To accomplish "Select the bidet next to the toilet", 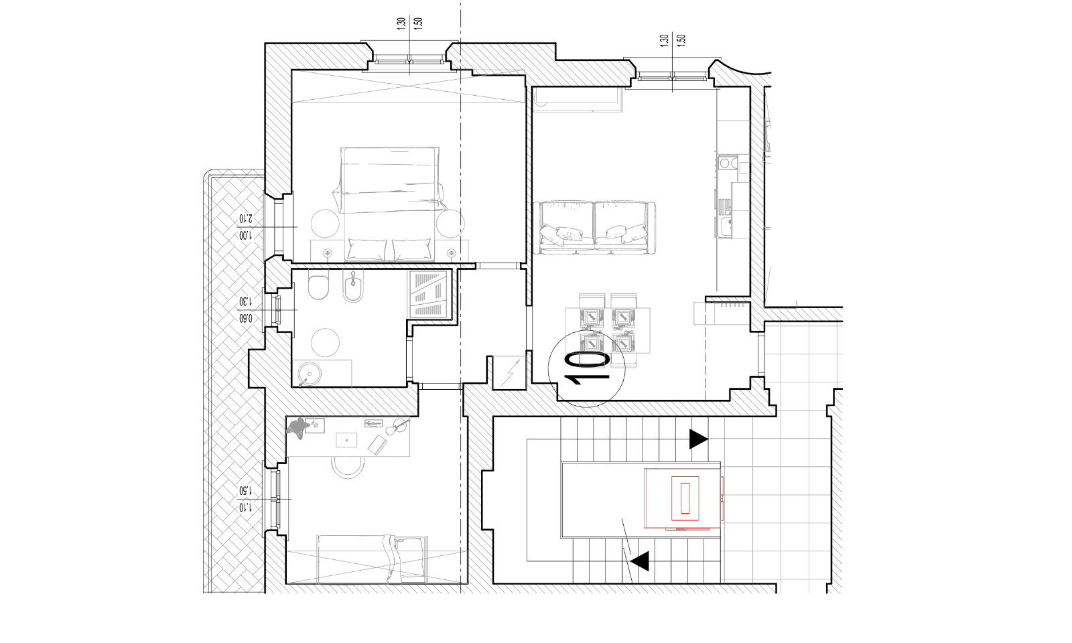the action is pyautogui.click(x=354, y=286).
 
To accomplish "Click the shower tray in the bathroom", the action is pyautogui.click(x=429, y=294).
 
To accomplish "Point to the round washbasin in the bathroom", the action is pyautogui.click(x=310, y=373).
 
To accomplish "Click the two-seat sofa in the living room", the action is pyautogui.click(x=595, y=228).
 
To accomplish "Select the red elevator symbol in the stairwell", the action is pyautogui.click(x=684, y=498).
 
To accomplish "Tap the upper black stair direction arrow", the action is pyautogui.click(x=697, y=439).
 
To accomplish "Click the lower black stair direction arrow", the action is pyautogui.click(x=640, y=561).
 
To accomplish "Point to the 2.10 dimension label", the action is pyautogui.click(x=245, y=218).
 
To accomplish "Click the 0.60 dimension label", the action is pyautogui.click(x=245, y=319).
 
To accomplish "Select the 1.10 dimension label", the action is pyautogui.click(x=245, y=507).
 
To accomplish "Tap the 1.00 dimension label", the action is pyautogui.click(x=245, y=235).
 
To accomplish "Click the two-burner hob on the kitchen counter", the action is pyautogui.click(x=728, y=163).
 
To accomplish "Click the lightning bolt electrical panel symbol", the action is pyautogui.click(x=509, y=372).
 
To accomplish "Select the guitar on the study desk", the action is pyautogui.click(x=397, y=427).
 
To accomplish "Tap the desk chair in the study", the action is pyautogui.click(x=348, y=467).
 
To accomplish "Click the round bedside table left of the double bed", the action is pyautogui.click(x=326, y=224).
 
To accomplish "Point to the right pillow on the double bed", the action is pyautogui.click(x=411, y=249).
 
